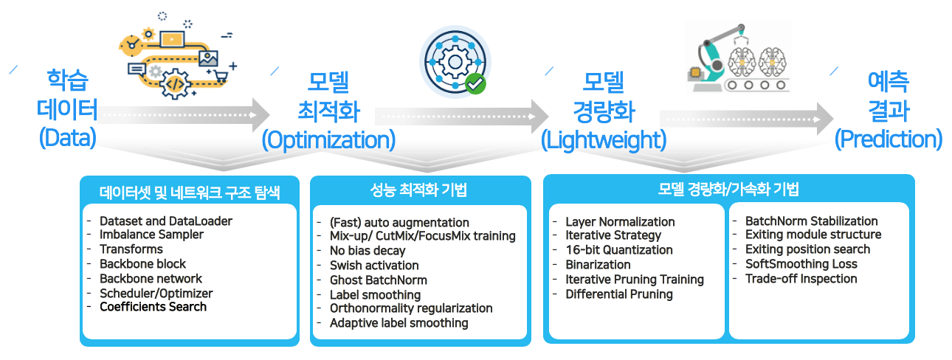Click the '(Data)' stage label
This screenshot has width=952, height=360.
pos(67,138)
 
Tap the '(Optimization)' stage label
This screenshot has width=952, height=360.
pos(328,139)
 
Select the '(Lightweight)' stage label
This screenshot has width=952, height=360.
pos(603,139)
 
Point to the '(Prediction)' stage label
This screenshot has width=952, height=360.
pos(888,139)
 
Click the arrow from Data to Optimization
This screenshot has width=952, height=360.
pos(184,115)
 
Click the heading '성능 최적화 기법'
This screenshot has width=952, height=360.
pos(418,190)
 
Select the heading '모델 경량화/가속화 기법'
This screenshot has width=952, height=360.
pos(728,190)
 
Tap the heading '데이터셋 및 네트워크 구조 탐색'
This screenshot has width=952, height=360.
pos(190,193)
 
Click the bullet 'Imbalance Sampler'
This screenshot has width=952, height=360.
pos(151,235)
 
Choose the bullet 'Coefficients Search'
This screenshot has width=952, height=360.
pos(153,306)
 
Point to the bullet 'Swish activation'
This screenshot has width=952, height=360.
pos(374,266)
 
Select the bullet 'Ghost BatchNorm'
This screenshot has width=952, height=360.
pos(378,280)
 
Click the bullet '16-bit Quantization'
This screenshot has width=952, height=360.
pos(618,250)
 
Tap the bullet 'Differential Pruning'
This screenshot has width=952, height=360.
pos(618,294)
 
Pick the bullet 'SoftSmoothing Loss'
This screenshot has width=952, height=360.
pos(801,263)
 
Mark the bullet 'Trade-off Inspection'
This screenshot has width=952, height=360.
pos(801,278)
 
